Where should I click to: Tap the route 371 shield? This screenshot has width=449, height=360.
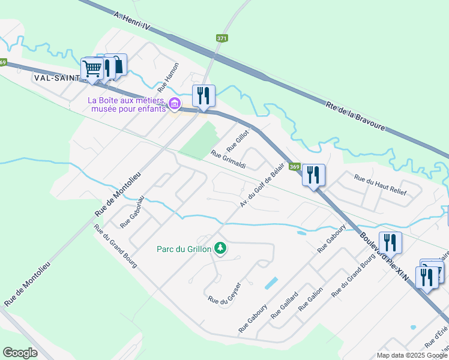point(222,38)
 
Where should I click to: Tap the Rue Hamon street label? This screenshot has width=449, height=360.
point(168,76)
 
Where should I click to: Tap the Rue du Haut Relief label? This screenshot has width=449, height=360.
point(380,185)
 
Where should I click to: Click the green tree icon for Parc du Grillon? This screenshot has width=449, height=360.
point(221,248)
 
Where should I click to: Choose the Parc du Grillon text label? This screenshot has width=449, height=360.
point(184,249)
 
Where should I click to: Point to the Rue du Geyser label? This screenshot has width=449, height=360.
point(224,292)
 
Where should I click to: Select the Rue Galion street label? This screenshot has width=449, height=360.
point(311,298)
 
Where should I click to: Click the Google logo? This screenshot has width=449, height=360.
point(20,352)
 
